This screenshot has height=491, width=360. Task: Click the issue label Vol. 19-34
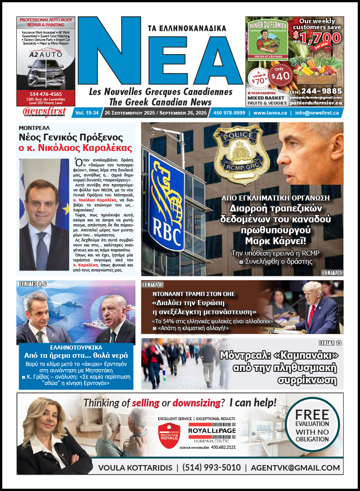86,113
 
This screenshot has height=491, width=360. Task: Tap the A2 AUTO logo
40,54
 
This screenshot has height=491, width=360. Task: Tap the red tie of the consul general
42,255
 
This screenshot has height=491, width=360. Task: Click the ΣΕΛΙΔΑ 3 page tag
332,272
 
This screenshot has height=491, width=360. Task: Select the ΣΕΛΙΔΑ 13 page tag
329,342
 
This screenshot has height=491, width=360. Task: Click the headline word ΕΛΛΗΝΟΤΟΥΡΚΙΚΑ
75,346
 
